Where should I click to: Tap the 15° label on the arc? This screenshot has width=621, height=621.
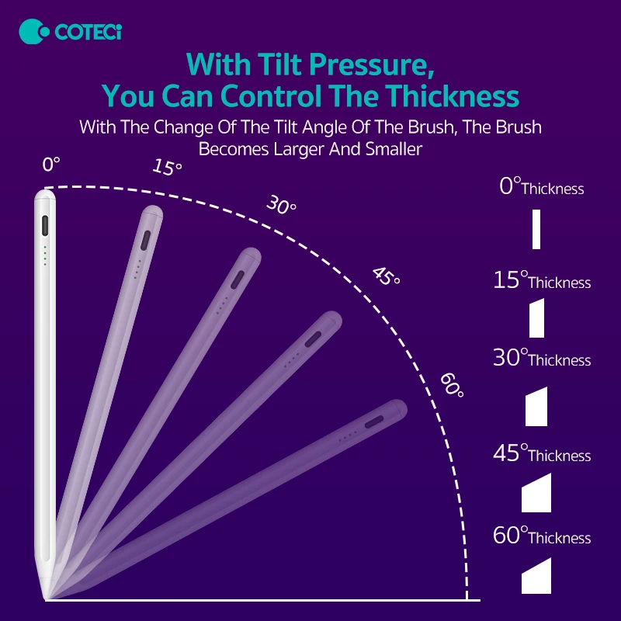pyautogui.click(x=167, y=167)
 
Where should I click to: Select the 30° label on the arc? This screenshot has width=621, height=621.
pyautogui.click(x=281, y=206)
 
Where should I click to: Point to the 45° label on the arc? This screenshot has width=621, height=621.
pyautogui.click(x=386, y=276)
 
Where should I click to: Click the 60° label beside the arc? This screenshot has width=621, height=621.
pyautogui.click(x=452, y=385)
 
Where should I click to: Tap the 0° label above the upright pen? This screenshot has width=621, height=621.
pyautogui.click(x=51, y=165)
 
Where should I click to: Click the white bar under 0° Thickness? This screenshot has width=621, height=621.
pyautogui.click(x=536, y=229)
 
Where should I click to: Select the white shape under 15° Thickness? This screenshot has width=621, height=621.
pyautogui.click(x=536, y=318)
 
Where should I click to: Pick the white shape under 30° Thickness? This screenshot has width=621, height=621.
pyautogui.click(x=536, y=407)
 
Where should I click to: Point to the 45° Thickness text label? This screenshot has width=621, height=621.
pyautogui.click(x=542, y=454)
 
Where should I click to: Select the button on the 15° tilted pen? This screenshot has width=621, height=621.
pyautogui.click(x=144, y=239)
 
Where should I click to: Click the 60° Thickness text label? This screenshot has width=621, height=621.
pyautogui.click(x=542, y=536)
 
